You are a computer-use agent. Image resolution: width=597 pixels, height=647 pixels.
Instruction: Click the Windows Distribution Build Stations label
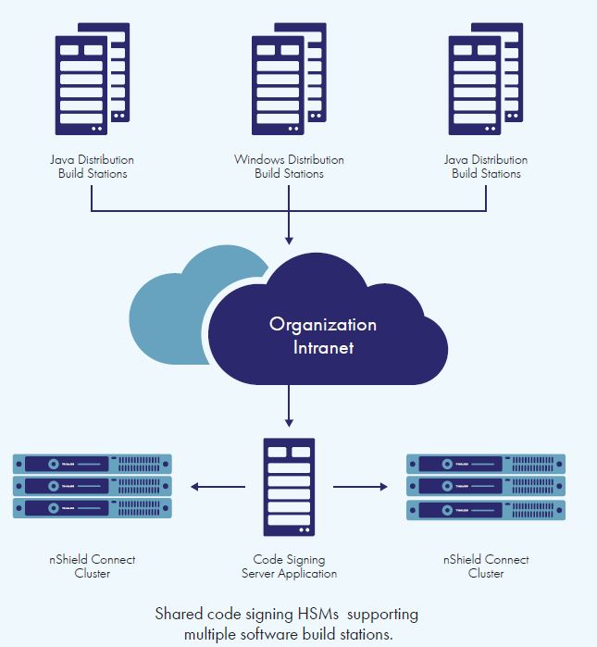click(289, 167)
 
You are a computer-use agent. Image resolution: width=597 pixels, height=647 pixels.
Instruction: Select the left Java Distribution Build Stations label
click(93, 167)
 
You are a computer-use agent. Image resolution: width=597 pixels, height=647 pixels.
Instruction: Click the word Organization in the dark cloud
click(322, 325)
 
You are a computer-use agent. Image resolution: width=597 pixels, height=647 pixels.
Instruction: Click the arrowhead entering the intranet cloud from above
click(290, 239)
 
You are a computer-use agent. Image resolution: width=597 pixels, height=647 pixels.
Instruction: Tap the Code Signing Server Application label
click(290, 566)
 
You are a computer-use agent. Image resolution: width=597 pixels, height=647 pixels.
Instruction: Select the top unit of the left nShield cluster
click(93, 464)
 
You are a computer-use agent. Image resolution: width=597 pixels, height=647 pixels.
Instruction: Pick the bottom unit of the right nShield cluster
click(486, 509)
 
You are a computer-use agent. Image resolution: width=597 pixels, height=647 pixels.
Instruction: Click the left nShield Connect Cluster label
click(93, 566)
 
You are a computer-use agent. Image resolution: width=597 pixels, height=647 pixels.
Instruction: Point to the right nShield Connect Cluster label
click(486, 566)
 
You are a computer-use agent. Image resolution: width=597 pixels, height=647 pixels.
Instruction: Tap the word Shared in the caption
click(178, 615)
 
